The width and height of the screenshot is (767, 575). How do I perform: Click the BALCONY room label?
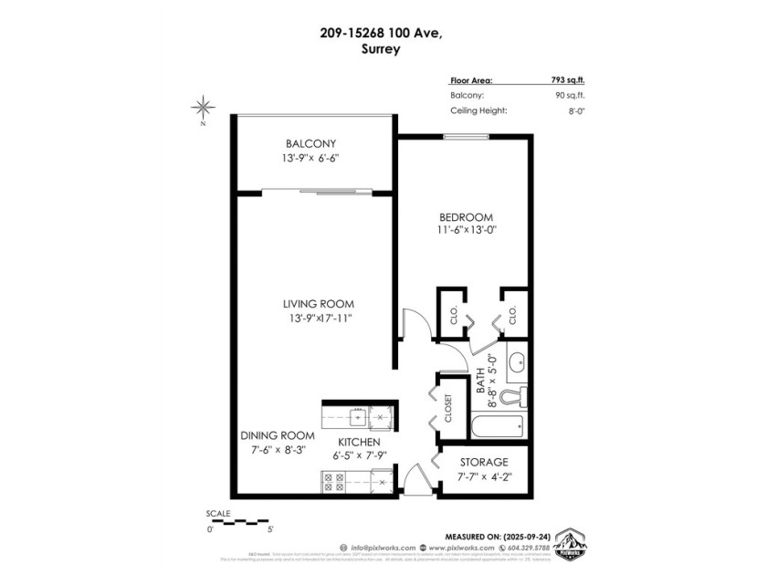(310, 144)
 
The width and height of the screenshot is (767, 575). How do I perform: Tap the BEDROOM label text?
(466, 217)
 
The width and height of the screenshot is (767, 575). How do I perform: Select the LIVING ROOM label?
(317, 304)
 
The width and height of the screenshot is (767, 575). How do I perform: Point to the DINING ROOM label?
(278, 435)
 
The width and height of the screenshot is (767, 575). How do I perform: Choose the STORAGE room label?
(483, 462)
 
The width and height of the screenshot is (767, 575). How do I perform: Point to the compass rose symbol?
(203, 108)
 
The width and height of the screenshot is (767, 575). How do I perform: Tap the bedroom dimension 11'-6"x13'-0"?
(466, 231)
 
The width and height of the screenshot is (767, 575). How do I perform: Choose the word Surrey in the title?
(383, 51)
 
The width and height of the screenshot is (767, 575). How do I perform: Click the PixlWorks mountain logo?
(571, 543)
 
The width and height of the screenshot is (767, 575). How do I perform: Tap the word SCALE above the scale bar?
(218, 514)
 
